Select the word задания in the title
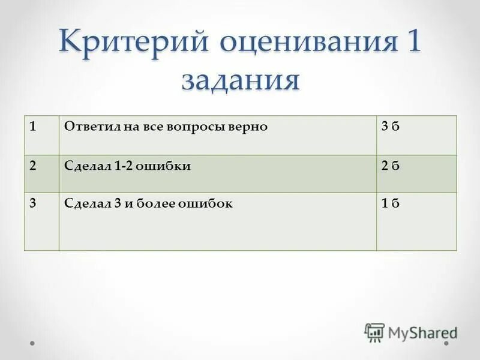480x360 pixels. coord(240,80)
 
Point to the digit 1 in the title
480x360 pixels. coord(412,44)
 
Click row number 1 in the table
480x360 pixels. coord(34,127)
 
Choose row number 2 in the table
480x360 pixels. coord(34,166)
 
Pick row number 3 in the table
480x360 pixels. coord(34,203)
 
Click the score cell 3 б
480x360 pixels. coord(390,127)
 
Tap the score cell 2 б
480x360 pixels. coord(390,166)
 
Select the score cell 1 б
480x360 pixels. coord(390,203)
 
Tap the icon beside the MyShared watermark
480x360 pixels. coord(374,332)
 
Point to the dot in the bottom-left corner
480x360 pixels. coord(32,344)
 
